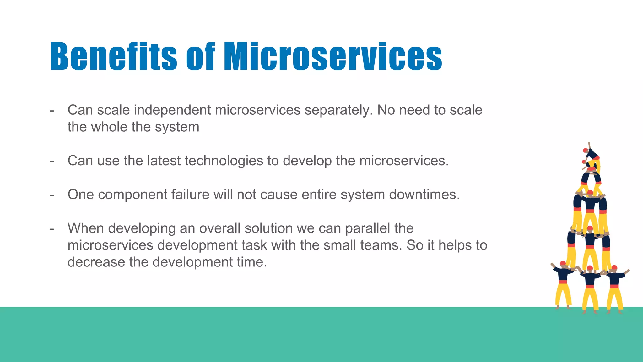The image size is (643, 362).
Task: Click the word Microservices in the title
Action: tap(333, 57)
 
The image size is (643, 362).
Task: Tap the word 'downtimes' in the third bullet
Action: tap(424, 195)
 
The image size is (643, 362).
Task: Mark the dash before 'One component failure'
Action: tap(52, 195)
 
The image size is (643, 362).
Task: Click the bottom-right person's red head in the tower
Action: tap(614, 268)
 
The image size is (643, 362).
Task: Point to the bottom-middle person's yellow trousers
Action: tap(590, 299)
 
